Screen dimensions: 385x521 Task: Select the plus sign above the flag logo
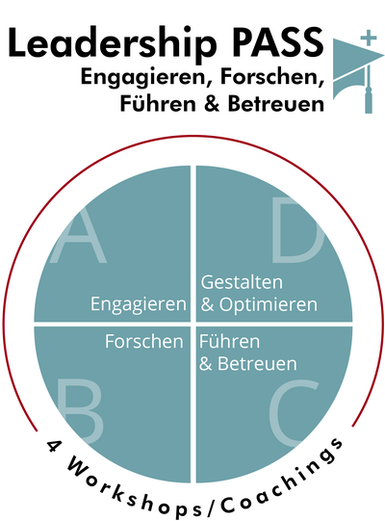point(369,38)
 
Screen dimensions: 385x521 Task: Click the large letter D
point(297,230)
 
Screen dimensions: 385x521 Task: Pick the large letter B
point(80,411)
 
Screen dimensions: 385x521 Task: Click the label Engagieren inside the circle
point(139,305)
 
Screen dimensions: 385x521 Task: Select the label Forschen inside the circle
point(144,341)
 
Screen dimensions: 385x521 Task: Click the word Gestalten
point(242,282)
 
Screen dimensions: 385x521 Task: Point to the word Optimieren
point(269,305)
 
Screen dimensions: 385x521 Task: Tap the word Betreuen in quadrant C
point(257,364)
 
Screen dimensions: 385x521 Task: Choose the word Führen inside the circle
point(229,341)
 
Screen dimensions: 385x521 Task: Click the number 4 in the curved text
point(53,446)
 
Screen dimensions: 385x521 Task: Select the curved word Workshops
point(133,488)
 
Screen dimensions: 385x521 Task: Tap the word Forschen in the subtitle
point(272,77)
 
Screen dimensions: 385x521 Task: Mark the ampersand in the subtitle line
point(212,103)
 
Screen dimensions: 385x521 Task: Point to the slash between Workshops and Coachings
point(212,506)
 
